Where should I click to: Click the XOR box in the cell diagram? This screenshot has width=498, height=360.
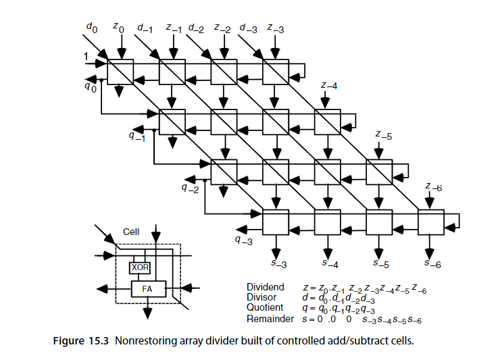[140, 267]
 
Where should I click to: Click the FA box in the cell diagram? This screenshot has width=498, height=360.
[149, 289]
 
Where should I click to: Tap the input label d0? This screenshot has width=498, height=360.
[92, 28]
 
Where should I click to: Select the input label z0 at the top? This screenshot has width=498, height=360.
[118, 28]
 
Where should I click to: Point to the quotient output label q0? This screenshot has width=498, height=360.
[91, 87]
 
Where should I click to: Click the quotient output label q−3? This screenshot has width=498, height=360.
[244, 240]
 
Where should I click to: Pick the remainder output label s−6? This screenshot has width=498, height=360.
[432, 263]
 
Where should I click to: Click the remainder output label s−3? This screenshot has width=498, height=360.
[278, 263]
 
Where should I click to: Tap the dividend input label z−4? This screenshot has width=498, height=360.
[329, 85]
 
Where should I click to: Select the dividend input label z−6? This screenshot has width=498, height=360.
[434, 187]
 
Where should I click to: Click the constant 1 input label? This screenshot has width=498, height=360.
[86, 57]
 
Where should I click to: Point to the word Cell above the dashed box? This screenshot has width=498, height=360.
[131, 232]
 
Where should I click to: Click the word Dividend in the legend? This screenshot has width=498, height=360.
[265, 287]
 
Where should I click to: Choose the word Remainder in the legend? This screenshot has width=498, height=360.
[270, 319]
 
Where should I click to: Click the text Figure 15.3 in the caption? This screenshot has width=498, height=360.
[80, 341]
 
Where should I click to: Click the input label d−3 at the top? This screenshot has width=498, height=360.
[249, 28]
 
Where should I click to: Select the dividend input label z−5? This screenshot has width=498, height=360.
[384, 136]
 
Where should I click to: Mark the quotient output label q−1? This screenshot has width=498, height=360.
[137, 136]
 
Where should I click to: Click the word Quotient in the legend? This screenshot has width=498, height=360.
[265, 307]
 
